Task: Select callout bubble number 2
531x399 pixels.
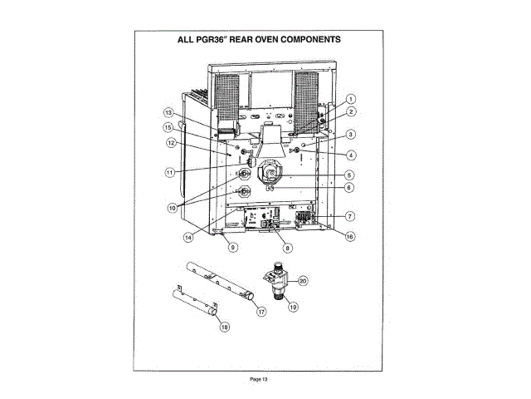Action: point(351,111)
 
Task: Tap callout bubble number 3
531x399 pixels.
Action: point(351,135)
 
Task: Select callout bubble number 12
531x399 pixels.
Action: point(169,142)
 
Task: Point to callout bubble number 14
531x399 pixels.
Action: point(189,236)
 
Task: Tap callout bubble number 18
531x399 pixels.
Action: point(223,328)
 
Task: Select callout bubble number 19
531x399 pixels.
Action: point(293,306)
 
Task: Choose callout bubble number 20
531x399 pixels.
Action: point(303,281)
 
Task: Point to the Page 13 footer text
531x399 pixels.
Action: point(259,379)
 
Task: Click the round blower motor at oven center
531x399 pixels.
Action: point(273,173)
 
